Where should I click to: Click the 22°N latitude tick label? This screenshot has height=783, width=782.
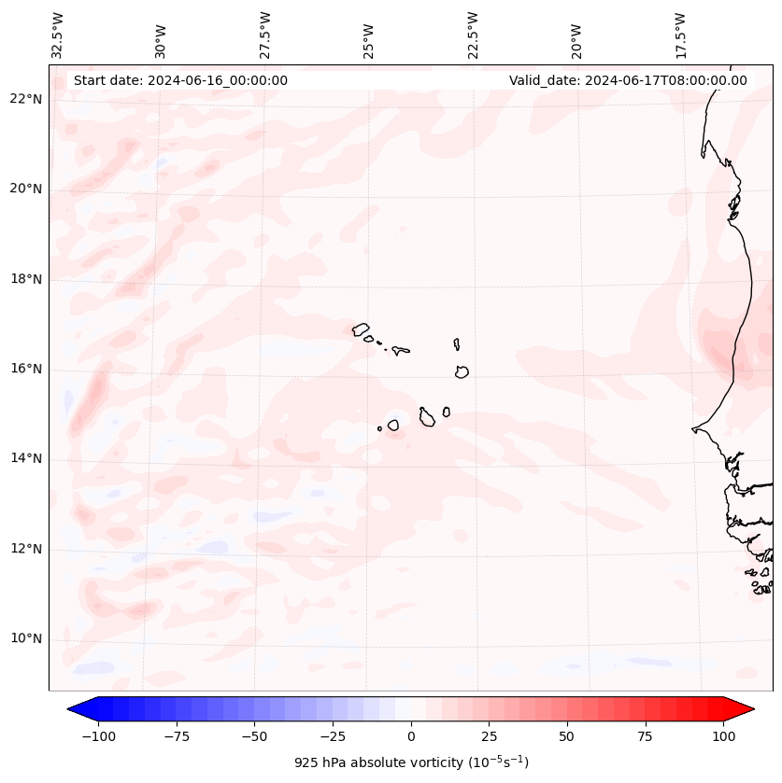(x=25, y=100)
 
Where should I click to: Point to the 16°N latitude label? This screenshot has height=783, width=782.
(x=25, y=370)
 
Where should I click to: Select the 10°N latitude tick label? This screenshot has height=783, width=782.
(x=25, y=639)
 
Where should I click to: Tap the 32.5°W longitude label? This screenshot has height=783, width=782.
(x=58, y=35)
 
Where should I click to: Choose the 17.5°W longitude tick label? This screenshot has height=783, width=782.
(x=680, y=35)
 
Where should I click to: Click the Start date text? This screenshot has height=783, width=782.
(x=180, y=80)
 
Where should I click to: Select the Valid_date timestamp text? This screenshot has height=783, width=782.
(x=628, y=80)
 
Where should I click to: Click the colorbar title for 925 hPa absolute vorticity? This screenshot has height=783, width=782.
(x=411, y=762)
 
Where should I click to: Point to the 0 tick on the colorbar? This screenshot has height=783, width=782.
(x=411, y=736)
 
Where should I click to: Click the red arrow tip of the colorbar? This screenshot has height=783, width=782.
(x=744, y=709)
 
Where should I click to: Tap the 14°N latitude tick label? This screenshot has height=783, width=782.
(x=25, y=459)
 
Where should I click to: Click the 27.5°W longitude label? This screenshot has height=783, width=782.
(x=265, y=35)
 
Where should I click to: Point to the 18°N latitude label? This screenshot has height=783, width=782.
(x=25, y=280)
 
